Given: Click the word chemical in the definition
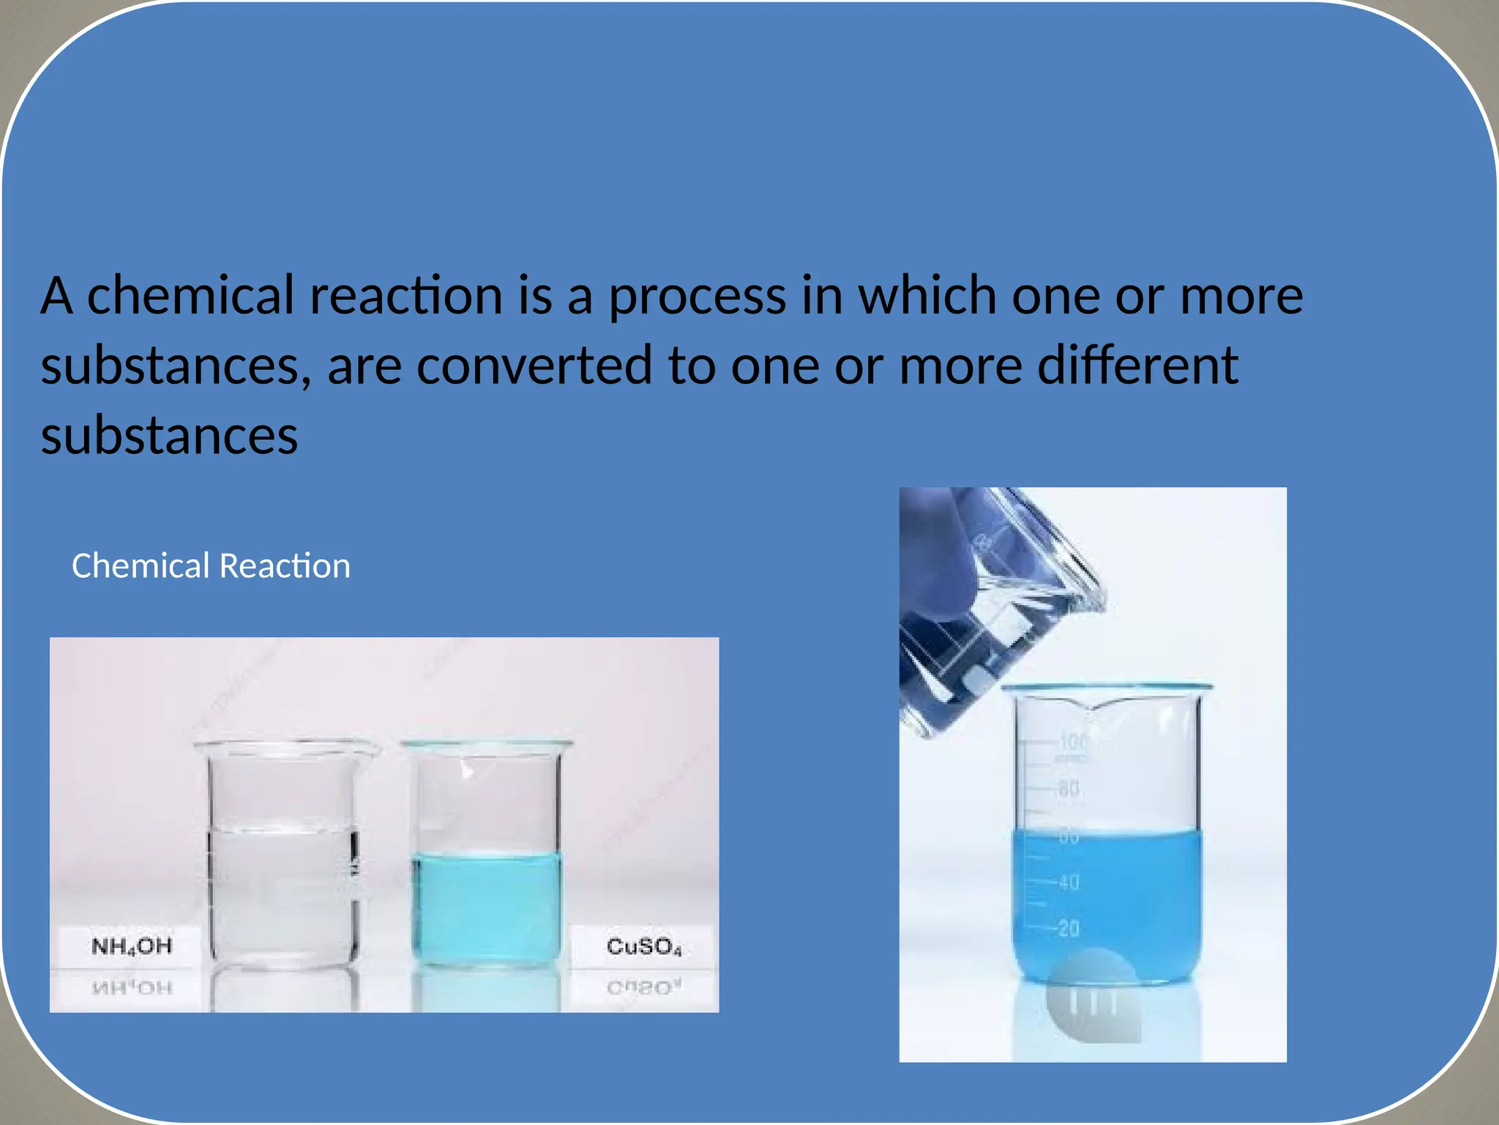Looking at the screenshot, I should tap(190, 296).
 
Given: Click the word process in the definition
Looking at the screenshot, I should tap(697, 296).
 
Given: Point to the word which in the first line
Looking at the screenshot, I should tap(927, 296).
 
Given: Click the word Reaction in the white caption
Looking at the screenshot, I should tap(285, 566).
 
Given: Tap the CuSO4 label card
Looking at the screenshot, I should tap(643, 946).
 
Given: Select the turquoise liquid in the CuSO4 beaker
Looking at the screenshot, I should tap(487, 908).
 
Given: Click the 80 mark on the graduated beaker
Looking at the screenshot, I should tap(1069, 789).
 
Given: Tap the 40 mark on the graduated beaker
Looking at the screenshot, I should tap(1069, 883).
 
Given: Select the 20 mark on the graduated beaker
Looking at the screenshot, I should tap(1069, 929).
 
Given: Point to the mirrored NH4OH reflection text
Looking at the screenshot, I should tap(132, 988).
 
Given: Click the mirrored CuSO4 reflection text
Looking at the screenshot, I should tap(643, 988).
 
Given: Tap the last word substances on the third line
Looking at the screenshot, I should tap(169, 436).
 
